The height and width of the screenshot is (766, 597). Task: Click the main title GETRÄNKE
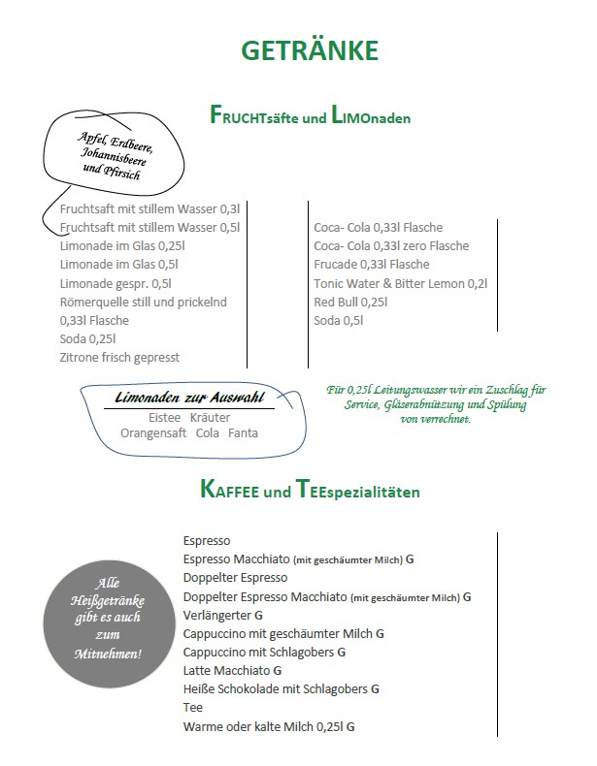point(309,50)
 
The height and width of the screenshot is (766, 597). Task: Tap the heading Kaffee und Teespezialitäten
point(310,491)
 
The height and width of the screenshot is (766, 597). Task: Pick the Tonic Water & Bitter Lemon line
point(400,283)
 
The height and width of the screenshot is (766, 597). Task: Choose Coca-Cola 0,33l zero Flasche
point(390,246)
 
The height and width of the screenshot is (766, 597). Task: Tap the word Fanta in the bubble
point(243,433)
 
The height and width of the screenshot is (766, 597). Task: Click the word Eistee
point(164,417)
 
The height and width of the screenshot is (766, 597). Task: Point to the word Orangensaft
point(153,433)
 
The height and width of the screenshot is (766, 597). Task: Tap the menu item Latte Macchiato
point(227,670)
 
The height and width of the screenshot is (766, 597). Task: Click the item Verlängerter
point(217,615)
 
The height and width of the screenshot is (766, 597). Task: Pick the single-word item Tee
point(192,707)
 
